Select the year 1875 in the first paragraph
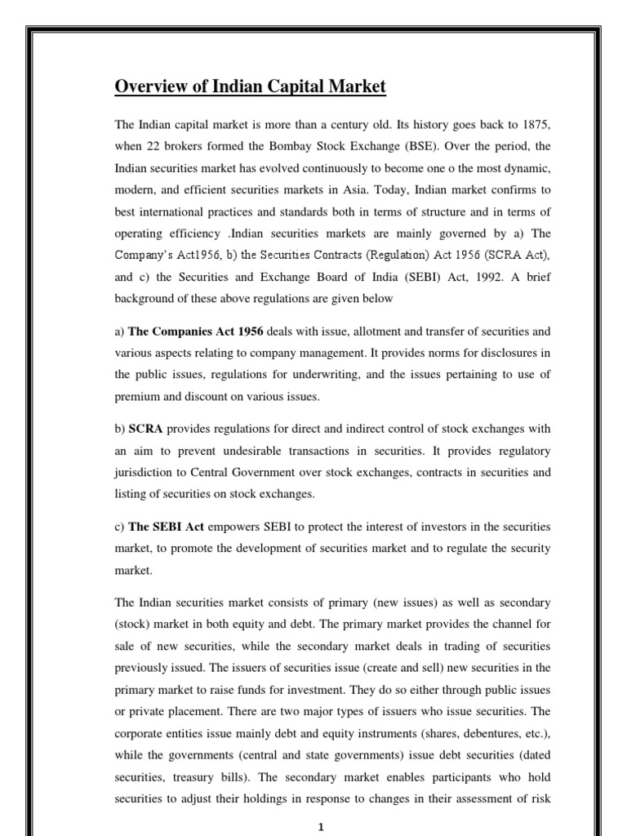(536, 125)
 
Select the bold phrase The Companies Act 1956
(196, 331)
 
